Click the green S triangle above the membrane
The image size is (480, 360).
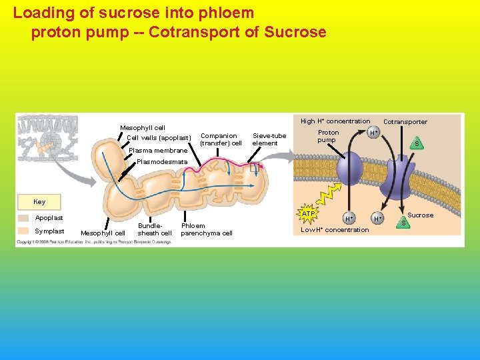[417, 143]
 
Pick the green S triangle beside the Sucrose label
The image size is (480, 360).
[403, 221]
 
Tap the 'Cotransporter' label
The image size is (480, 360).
[405, 122]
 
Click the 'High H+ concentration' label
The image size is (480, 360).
[335, 121]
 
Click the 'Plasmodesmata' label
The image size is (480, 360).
[162, 162]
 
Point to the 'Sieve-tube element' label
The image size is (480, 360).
[269, 139]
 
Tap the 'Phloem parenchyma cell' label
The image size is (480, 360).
[207, 229]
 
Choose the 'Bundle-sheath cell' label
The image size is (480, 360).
[155, 229]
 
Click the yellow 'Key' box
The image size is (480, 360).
[39, 202]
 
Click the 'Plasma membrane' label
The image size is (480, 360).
[158, 151]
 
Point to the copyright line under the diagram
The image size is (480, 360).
[94, 242]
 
